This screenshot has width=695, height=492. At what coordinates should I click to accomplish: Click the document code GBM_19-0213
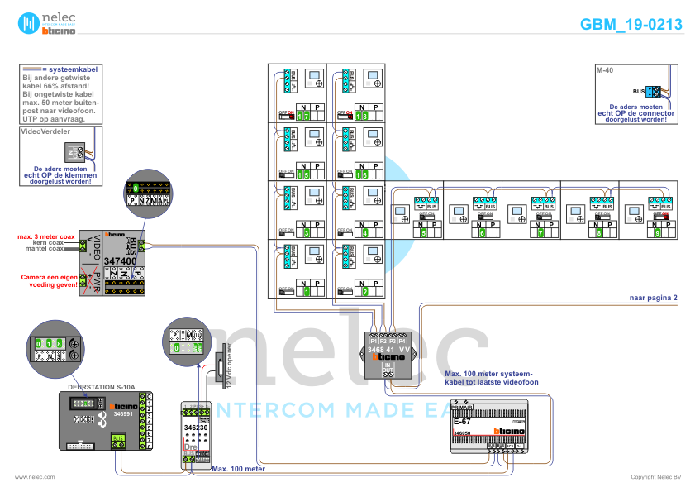[631, 25]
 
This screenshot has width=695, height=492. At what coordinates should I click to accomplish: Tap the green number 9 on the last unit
[657, 234]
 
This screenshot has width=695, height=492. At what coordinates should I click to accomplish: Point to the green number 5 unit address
[424, 234]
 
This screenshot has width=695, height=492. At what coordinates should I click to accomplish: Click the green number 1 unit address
[307, 292]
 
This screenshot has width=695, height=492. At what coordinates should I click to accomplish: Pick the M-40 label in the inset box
[604, 72]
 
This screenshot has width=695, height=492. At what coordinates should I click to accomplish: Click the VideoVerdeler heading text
[45, 131]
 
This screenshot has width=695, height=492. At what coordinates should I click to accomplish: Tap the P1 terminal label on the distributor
[374, 341]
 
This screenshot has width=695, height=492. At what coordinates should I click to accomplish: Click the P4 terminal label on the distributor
[402, 341]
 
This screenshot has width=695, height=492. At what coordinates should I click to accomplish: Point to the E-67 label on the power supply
[462, 422]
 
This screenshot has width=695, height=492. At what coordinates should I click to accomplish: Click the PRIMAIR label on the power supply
[462, 408]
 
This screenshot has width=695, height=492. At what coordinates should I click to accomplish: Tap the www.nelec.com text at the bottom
[35, 477]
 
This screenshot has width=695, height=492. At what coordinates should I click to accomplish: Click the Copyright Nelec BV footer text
[655, 477]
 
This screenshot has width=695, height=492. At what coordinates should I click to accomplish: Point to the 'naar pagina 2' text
[653, 297]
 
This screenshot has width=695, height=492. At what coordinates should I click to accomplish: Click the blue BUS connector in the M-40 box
[653, 92]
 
